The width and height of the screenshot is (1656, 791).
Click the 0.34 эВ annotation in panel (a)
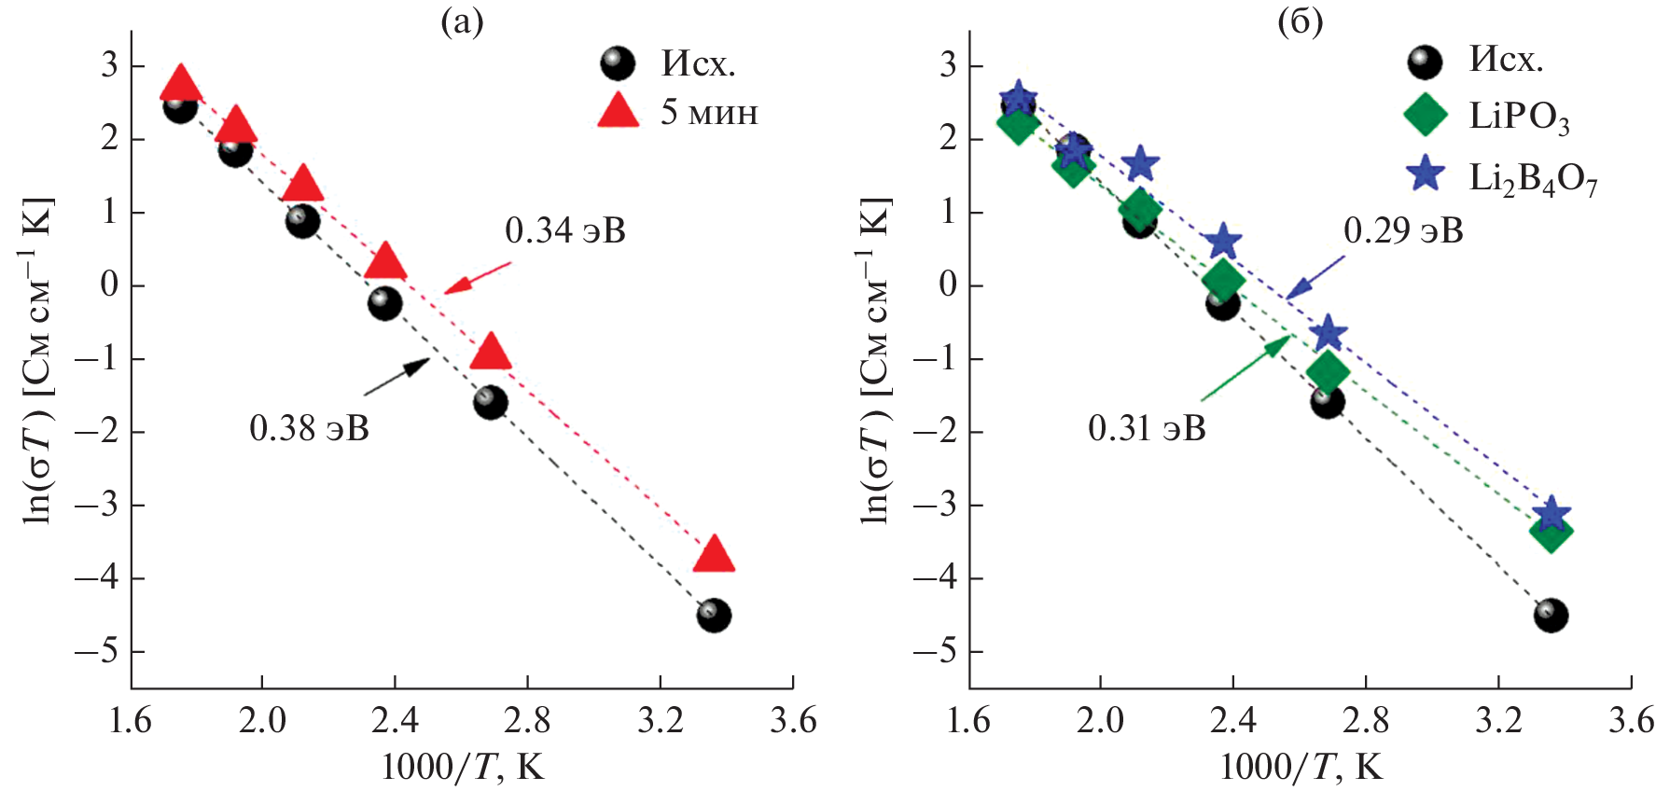[565, 230]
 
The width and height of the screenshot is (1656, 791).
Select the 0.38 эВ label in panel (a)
[309, 428]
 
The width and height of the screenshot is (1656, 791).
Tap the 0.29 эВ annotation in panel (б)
[1403, 230]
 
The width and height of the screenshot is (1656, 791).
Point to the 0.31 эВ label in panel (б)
[1147, 428]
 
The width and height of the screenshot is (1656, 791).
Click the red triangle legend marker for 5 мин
[618, 112]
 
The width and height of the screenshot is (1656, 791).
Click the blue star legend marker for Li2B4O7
[1426, 174]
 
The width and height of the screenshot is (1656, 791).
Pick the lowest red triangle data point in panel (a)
[715, 555]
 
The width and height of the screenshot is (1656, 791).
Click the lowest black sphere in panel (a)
[713, 616]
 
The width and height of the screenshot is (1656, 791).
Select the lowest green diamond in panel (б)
[1551, 534]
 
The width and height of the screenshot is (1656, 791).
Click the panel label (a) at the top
[462, 21]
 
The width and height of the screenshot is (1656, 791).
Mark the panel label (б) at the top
[1300, 21]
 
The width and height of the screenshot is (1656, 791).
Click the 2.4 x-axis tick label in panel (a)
[395, 720]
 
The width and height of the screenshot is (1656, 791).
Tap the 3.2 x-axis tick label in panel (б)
[1498, 720]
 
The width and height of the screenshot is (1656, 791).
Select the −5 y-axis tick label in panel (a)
[97, 651]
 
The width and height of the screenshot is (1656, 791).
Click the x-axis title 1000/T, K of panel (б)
[1301, 767]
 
